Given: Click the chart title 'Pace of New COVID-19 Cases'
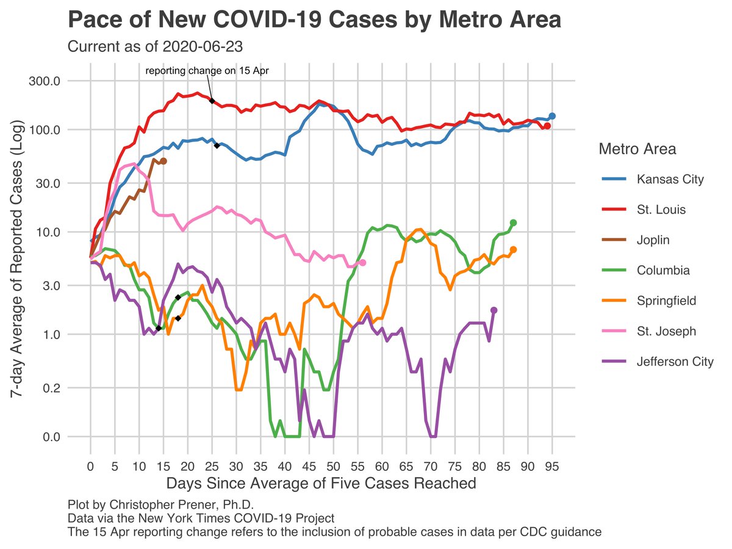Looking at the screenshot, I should [x=314, y=20].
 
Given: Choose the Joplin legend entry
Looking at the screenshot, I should [x=652, y=240].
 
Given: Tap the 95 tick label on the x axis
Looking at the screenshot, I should [x=553, y=467].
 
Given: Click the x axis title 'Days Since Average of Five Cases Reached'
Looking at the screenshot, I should [x=321, y=484].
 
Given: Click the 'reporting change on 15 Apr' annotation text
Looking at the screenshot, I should [x=207, y=71].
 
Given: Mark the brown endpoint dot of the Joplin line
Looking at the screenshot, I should [x=163, y=160].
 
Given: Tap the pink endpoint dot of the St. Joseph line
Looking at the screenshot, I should [x=363, y=262].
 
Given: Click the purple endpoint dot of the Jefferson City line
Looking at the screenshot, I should [x=494, y=310].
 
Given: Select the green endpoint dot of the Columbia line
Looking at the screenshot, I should [x=514, y=223].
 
